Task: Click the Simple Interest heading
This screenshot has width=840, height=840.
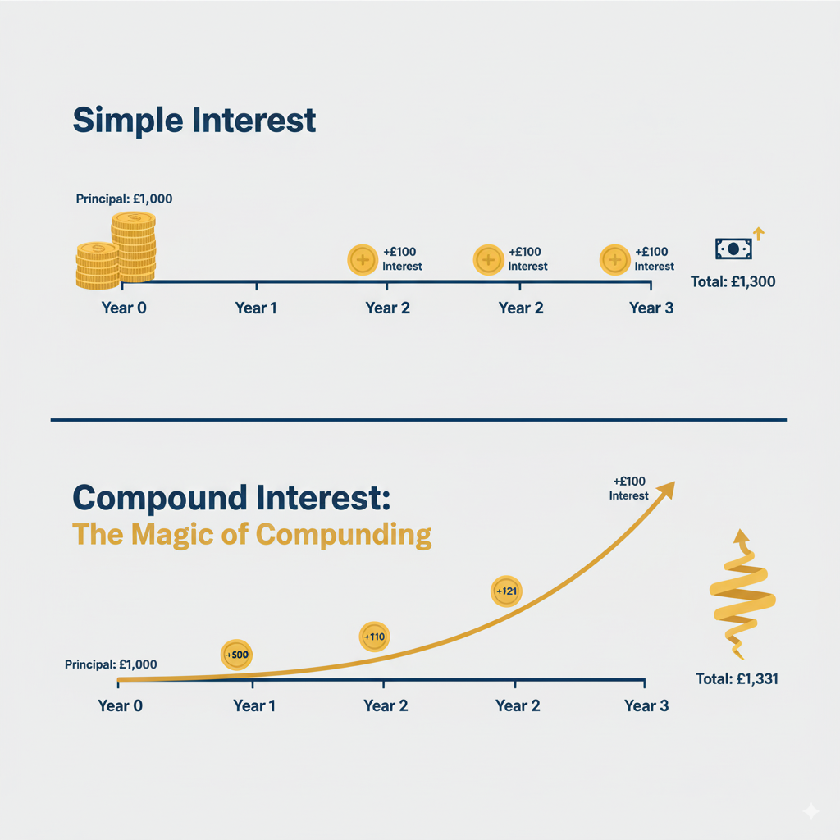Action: click(x=194, y=120)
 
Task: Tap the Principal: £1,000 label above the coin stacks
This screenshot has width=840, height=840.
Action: click(x=124, y=199)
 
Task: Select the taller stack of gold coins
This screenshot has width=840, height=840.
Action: click(x=134, y=247)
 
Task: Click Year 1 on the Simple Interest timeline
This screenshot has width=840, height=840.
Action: click(x=256, y=308)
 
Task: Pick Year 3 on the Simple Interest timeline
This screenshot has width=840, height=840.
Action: click(x=651, y=308)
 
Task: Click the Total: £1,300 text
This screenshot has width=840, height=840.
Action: click(x=733, y=281)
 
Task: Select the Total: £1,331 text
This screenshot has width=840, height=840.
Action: click(x=736, y=678)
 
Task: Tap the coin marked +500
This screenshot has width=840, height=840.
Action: click(x=236, y=655)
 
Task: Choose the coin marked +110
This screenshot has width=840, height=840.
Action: click(x=374, y=637)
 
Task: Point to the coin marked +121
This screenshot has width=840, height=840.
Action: click(x=505, y=591)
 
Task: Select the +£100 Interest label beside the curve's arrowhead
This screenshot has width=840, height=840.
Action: click(x=628, y=488)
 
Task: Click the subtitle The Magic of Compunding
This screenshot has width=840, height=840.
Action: click(x=252, y=535)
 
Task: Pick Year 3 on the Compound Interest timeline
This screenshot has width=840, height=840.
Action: click(x=646, y=705)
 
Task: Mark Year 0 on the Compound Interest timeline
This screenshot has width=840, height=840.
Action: click(x=120, y=705)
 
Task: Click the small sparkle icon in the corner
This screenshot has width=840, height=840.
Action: click(x=810, y=810)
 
